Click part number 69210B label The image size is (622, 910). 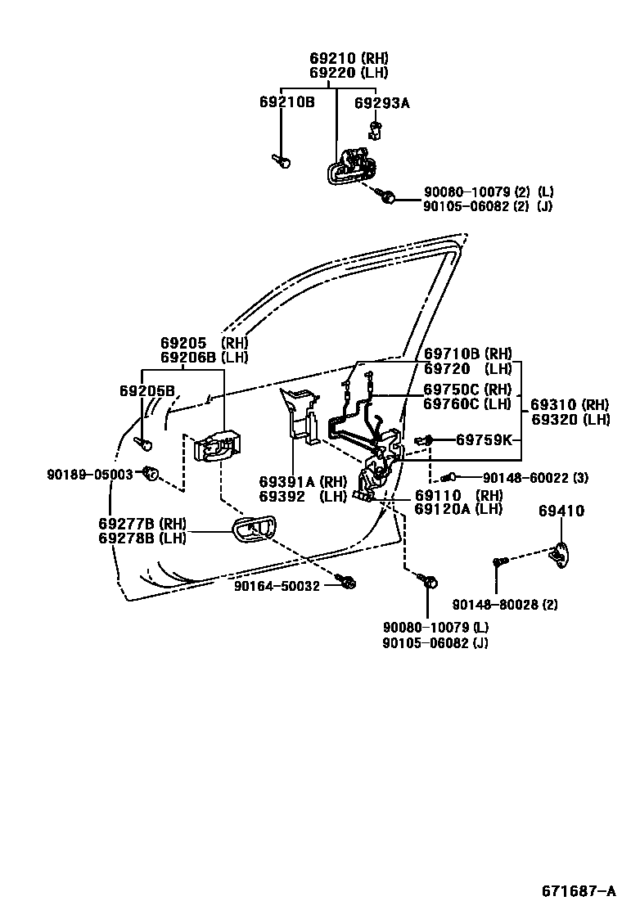point(287,102)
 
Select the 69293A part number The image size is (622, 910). point(381,102)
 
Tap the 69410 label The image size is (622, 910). point(561,511)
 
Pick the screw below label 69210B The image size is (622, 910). point(282,161)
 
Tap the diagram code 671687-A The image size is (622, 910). point(577,890)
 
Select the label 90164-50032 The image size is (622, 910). point(277,586)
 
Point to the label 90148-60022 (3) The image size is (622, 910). point(535,478)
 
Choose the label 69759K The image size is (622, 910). point(485,440)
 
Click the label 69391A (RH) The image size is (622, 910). point(304,482)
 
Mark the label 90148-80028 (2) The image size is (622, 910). point(505,605)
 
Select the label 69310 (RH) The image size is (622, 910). point(570,405)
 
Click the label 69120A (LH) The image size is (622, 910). point(458,509)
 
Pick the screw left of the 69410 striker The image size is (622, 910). point(500,561)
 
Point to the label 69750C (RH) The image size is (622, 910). point(467,389)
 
